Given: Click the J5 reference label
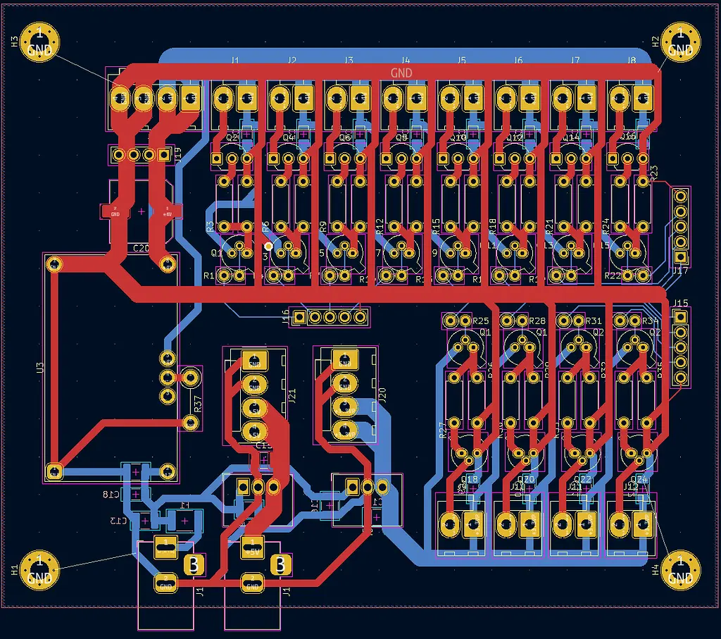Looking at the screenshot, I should (x=462, y=61).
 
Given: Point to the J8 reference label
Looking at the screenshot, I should (x=632, y=61).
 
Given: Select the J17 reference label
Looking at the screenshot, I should (x=680, y=271).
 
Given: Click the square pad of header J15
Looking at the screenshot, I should (x=680, y=317).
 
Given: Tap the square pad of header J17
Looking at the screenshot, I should (x=680, y=257).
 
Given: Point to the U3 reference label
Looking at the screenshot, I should (x=40, y=367).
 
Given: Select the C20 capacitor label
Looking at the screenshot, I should (x=141, y=248).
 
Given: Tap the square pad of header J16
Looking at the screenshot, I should (x=300, y=317).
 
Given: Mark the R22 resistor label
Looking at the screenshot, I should (x=613, y=275).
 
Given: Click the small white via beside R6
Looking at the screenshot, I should (x=269, y=246).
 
